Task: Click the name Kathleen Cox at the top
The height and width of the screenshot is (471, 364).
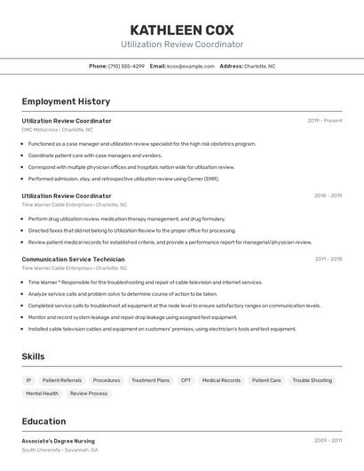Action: (182, 29)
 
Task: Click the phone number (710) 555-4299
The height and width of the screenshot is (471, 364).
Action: (126, 66)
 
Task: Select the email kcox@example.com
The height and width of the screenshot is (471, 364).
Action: (191, 66)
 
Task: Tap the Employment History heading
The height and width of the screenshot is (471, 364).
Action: (66, 101)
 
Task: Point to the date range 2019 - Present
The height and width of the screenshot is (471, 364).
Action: (325, 121)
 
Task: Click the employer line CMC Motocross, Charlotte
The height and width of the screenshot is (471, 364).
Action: (57, 130)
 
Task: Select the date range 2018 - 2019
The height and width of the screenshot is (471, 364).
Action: (328, 196)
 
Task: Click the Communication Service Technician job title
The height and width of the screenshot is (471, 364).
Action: (73, 259)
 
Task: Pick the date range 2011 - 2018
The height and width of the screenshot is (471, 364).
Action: (328, 259)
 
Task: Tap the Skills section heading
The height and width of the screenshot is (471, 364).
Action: (34, 356)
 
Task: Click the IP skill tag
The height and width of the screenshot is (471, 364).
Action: (28, 380)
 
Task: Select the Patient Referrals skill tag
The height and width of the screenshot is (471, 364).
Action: (62, 380)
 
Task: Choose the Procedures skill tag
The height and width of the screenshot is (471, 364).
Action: (107, 380)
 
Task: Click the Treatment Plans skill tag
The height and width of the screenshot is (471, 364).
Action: (150, 380)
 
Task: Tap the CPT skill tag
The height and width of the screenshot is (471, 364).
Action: (186, 380)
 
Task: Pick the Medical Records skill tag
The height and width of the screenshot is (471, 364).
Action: (221, 380)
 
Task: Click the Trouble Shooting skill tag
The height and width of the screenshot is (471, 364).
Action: (313, 380)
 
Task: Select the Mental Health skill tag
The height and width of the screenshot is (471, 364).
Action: (42, 393)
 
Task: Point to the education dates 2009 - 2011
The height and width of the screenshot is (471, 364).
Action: (328, 441)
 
